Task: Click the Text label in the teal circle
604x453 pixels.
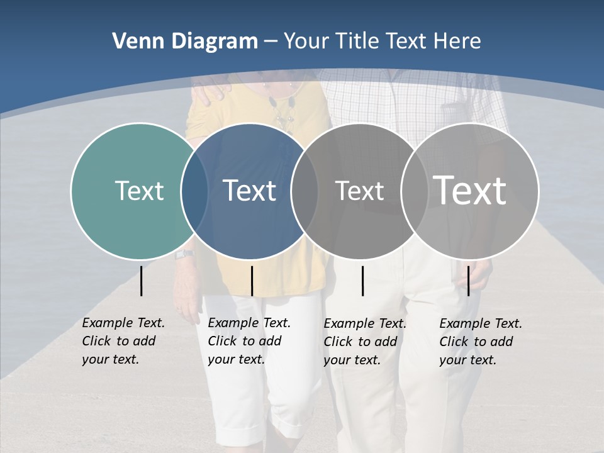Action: (x=139, y=191)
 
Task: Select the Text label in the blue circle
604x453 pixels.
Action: (x=250, y=191)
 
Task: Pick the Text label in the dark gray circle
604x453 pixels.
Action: (x=359, y=191)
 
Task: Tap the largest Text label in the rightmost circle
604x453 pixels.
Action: (x=470, y=191)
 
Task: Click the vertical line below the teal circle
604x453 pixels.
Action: (x=141, y=281)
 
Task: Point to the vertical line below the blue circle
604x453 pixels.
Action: (x=252, y=281)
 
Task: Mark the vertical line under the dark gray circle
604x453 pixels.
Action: (x=362, y=281)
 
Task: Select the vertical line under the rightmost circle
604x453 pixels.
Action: (x=468, y=281)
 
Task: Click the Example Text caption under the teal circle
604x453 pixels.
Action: (x=123, y=341)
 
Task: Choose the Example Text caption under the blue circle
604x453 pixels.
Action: (x=249, y=341)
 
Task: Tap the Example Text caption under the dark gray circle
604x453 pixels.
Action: (x=365, y=342)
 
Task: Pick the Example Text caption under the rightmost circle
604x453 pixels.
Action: (x=481, y=342)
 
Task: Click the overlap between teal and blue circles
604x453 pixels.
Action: (x=195, y=191)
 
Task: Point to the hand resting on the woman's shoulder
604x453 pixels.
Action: (x=210, y=91)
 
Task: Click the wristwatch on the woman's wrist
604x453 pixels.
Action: (x=184, y=254)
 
